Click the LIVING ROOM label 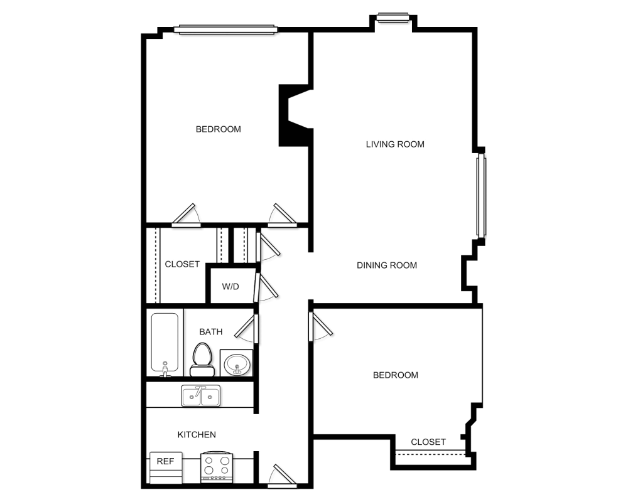395,144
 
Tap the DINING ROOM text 387,265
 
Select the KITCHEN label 197,434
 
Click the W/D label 230,286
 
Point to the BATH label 210,331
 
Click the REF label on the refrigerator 165,461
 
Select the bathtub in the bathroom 165,344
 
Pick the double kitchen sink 200,395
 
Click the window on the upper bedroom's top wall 226,28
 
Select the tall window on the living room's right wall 481,196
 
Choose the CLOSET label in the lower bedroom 428,442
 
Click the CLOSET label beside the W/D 182,264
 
